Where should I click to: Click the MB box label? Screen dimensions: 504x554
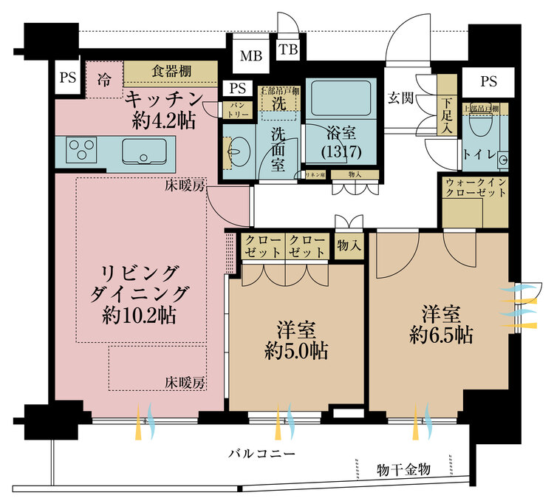247,56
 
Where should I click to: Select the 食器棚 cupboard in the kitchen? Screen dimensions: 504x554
171,72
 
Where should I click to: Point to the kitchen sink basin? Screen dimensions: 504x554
141,152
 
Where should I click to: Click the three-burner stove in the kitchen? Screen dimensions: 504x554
79,151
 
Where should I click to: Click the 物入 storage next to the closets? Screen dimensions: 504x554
349,246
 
